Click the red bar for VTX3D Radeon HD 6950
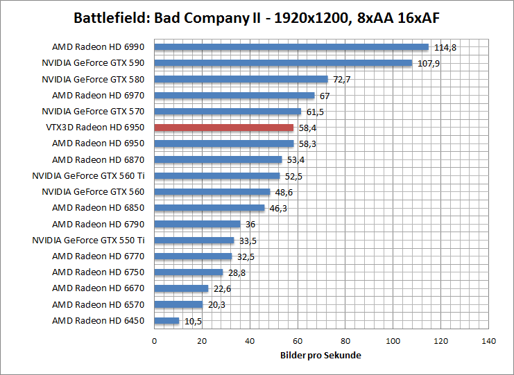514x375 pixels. pyautogui.click(x=223, y=128)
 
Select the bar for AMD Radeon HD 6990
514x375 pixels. pyautogui.click(x=291, y=47)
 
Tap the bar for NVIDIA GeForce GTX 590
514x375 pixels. pyautogui.click(x=283, y=63)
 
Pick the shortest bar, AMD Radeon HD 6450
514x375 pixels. pyautogui.click(x=166, y=321)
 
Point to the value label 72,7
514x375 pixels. pyautogui.click(x=341, y=80)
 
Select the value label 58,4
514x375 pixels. pyautogui.click(x=308, y=128)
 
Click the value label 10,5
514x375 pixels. pyautogui.click(x=193, y=321)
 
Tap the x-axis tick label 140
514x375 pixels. pyautogui.click(x=488, y=341)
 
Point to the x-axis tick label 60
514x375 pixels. pyautogui.click(x=297, y=341)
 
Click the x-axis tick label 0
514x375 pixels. pyautogui.click(x=154, y=341)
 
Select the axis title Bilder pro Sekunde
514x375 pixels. pyautogui.click(x=321, y=355)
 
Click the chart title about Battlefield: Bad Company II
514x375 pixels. pyautogui.click(x=256, y=17)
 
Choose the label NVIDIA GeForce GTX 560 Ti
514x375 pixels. pyautogui.click(x=88, y=176)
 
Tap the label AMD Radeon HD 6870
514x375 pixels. pyautogui.click(x=98, y=160)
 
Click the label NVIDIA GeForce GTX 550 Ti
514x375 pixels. pyautogui.click(x=88, y=241)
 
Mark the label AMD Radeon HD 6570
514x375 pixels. pyautogui.click(x=98, y=305)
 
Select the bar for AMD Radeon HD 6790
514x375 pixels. pyautogui.click(x=197, y=224)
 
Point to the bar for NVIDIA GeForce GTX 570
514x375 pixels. pyautogui.click(x=228, y=112)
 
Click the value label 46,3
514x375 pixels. pyautogui.click(x=279, y=208)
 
